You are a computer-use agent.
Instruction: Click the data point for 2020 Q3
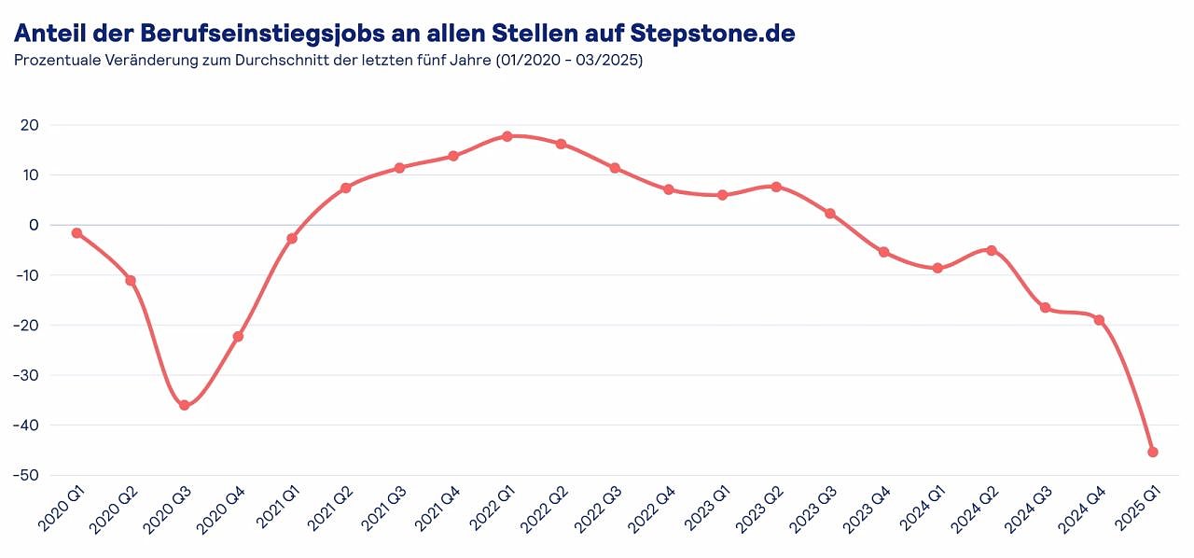click(184, 405)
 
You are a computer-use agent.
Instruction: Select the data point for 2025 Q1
click(1153, 452)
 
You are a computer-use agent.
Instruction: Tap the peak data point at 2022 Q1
click(507, 136)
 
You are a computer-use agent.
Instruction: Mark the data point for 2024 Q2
click(992, 250)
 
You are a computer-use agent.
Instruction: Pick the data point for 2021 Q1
click(292, 239)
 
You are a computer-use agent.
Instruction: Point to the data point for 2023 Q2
click(776, 187)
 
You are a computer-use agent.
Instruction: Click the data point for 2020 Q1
click(76, 233)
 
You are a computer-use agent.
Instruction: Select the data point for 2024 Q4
click(1099, 320)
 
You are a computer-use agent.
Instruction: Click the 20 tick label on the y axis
click(29, 125)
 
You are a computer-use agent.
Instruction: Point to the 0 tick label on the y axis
click(34, 225)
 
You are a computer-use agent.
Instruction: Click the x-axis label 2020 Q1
click(62, 511)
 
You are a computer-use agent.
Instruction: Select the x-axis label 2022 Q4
click(654, 511)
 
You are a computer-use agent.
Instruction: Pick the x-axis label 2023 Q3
click(815, 511)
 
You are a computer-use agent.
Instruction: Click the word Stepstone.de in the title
click(713, 34)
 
